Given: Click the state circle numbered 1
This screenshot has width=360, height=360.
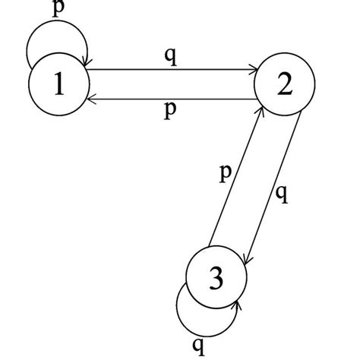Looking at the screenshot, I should (58, 84).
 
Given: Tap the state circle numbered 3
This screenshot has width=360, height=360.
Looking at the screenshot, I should (216, 279).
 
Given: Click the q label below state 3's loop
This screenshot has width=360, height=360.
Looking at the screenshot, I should (197, 346).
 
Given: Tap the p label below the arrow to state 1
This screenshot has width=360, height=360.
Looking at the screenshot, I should (171, 110).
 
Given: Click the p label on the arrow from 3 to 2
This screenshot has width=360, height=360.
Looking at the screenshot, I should (225, 173).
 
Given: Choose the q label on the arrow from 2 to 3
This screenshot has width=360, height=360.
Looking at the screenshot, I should (282, 194).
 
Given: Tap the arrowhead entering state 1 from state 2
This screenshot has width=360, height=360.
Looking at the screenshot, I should (91, 97).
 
